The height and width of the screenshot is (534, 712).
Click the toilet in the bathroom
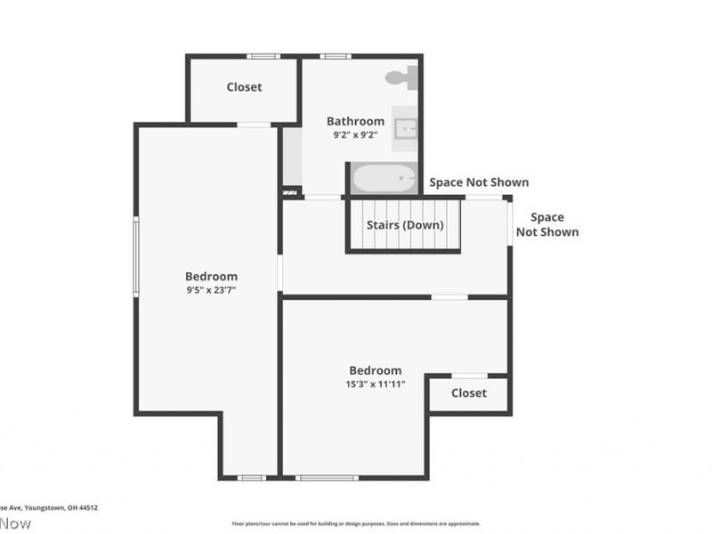click(401, 77)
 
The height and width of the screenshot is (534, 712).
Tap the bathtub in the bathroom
click(384, 179)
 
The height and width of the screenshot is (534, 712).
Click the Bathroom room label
click(355, 121)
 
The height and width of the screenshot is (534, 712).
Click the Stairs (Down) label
click(405, 225)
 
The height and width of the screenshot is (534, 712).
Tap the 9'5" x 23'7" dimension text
click(211, 290)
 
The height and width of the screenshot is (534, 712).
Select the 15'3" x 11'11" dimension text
click(375, 384)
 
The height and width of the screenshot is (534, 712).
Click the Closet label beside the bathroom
click(244, 87)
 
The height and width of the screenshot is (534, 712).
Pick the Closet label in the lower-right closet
click(468, 392)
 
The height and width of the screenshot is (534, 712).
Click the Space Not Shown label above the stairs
click(479, 182)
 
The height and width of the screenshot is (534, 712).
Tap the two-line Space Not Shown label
click(547, 224)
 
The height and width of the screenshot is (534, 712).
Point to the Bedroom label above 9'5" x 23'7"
click(211, 276)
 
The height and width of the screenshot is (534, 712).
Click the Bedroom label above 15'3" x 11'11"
click(375, 370)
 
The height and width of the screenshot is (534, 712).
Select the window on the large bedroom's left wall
click(135, 257)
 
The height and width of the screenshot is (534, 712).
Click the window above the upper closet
click(263, 56)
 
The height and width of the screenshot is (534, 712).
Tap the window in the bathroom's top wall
click(336, 56)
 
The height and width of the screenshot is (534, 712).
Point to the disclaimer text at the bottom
click(355, 524)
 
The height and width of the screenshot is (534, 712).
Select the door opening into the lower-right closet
click(469, 376)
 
